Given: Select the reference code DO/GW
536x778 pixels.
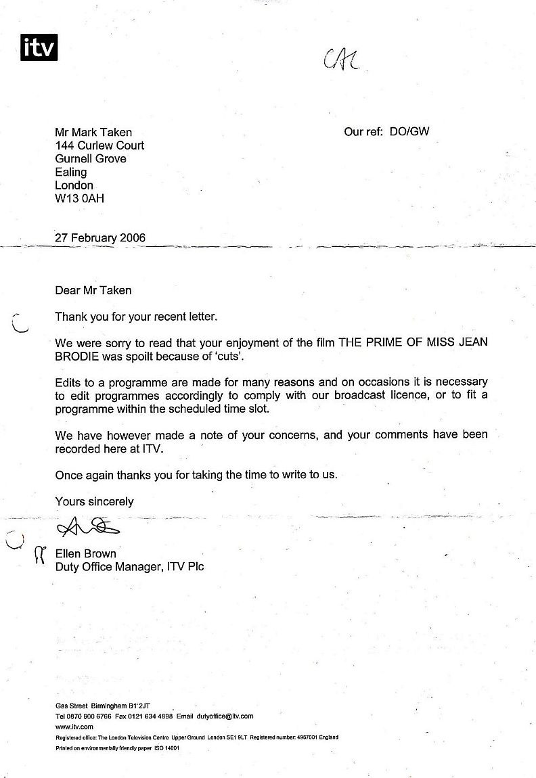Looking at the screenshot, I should click(409, 132).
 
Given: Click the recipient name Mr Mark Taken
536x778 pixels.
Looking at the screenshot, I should click(93, 132).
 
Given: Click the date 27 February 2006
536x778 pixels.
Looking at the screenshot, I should click(100, 238).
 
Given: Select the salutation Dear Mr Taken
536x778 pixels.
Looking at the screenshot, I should click(93, 290).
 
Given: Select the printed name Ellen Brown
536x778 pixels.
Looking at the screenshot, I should click(85, 553).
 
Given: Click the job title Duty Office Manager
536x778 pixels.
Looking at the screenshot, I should click(107, 566).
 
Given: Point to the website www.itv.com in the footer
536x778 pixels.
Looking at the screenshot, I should click(74, 727).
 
